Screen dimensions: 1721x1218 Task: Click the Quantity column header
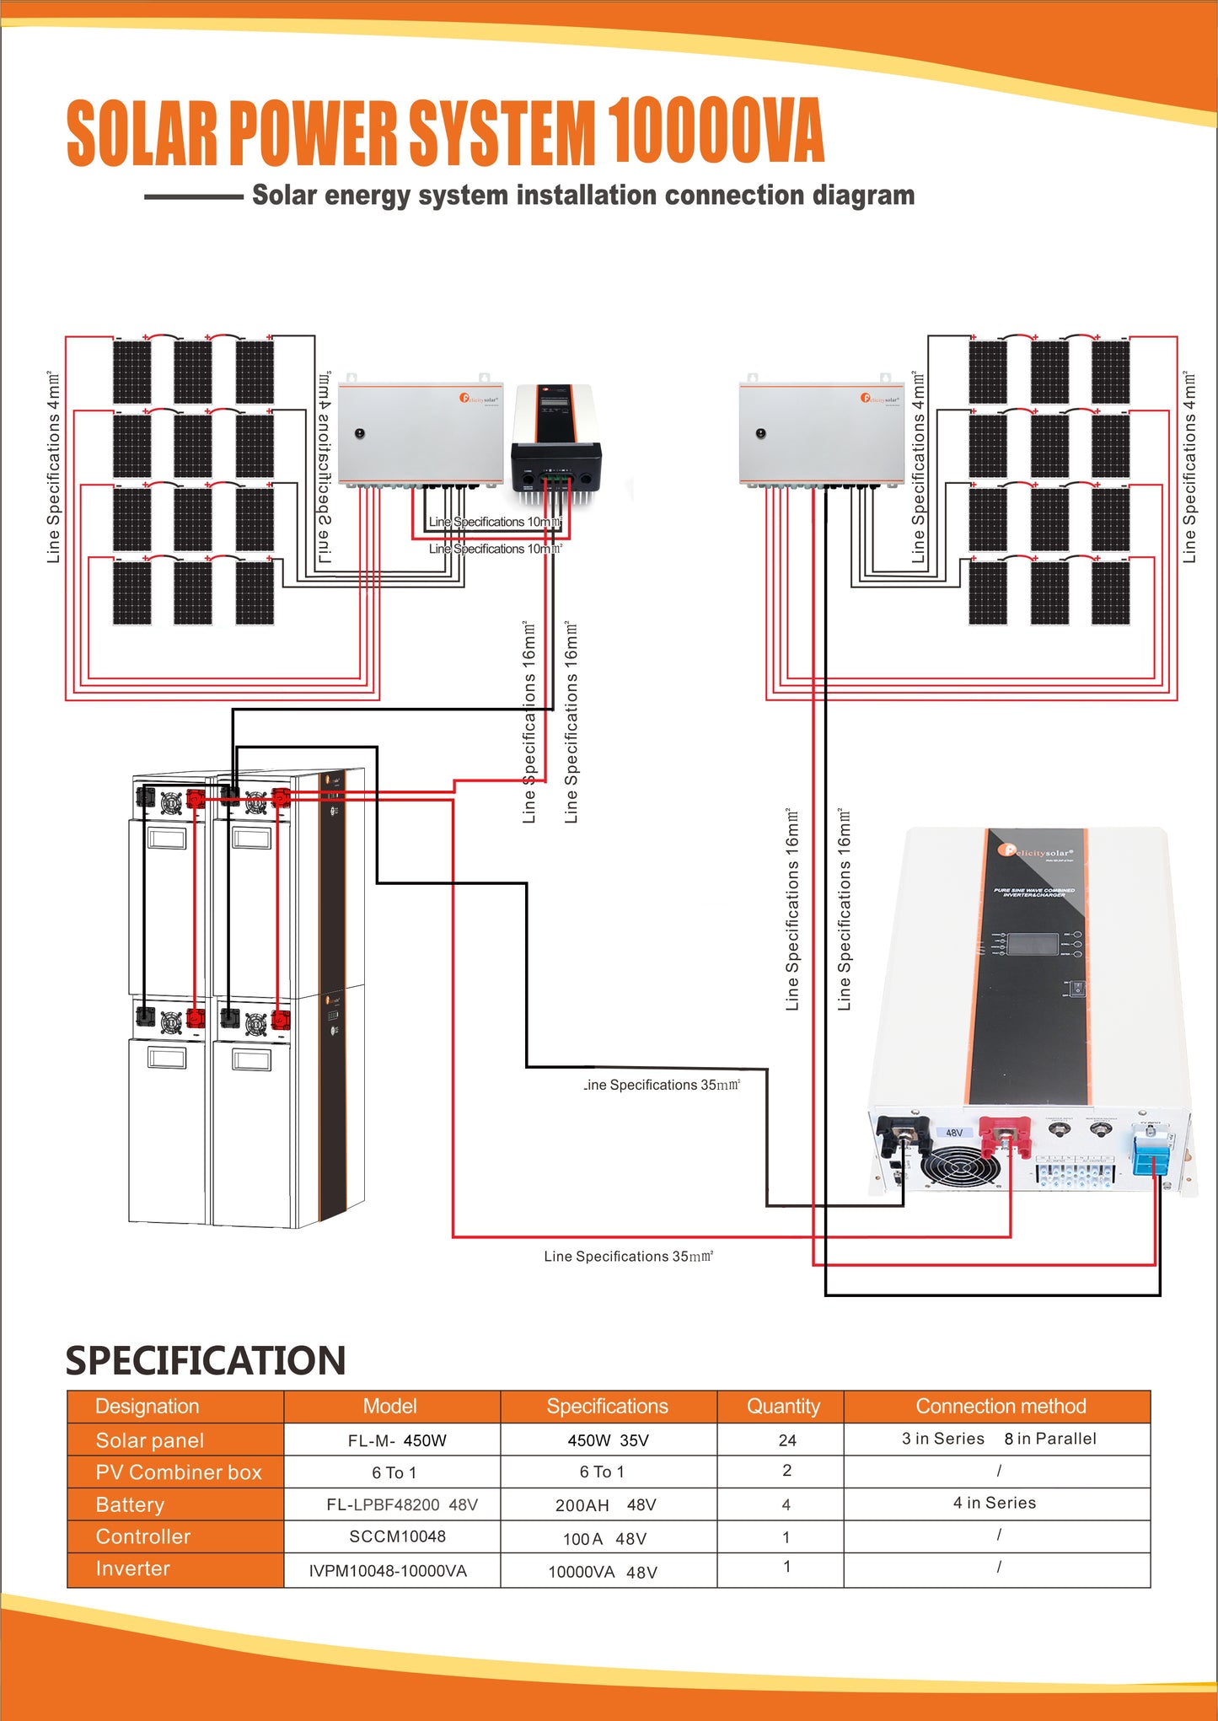pyautogui.click(x=782, y=1406)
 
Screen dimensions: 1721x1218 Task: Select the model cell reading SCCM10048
pyautogui.click(x=397, y=1536)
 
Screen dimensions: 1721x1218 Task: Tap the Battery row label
pyautogui.click(x=130, y=1504)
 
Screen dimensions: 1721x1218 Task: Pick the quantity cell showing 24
pyautogui.click(x=787, y=1440)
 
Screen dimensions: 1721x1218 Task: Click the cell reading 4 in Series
pyautogui.click(x=995, y=1503)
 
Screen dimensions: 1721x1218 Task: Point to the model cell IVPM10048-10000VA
pyautogui.click(x=388, y=1571)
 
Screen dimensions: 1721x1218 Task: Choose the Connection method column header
pyautogui.click(x=1001, y=1406)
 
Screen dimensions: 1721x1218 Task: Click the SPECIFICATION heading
pyautogui.click(x=206, y=1360)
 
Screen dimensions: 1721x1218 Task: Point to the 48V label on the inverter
pyautogui.click(x=954, y=1133)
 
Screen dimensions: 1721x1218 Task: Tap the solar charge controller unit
pyautogui.click(x=556, y=438)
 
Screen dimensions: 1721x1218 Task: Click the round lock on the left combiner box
pyautogui.click(x=360, y=433)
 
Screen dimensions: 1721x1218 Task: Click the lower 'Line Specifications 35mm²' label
pyautogui.click(x=628, y=1257)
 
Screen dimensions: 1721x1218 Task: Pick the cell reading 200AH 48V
pyautogui.click(x=605, y=1505)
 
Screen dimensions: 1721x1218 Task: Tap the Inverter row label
pyautogui.click(x=133, y=1568)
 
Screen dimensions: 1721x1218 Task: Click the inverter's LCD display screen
pyautogui.click(x=1033, y=944)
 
